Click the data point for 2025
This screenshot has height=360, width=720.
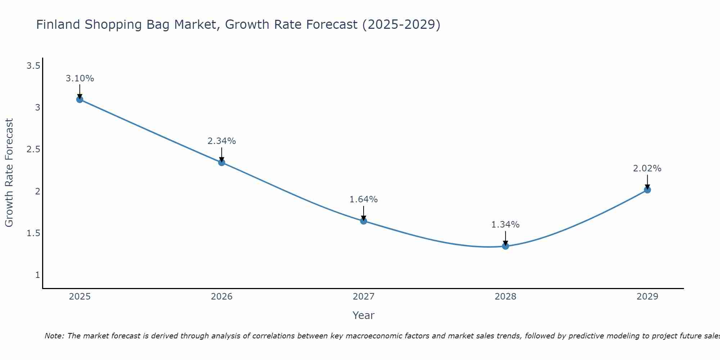click(x=80, y=99)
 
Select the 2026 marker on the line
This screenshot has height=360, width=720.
click(x=222, y=162)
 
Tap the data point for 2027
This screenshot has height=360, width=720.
click(x=364, y=221)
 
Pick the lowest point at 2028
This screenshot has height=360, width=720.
click(x=505, y=246)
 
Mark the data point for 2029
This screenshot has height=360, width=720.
click(x=647, y=190)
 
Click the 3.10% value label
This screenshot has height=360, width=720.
click(x=80, y=78)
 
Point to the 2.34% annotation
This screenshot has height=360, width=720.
click(x=222, y=141)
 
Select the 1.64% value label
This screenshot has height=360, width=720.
click(x=364, y=199)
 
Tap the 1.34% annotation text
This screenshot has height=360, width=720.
click(x=505, y=225)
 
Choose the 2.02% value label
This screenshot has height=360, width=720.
click(x=647, y=168)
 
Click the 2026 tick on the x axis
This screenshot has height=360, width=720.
click(x=222, y=297)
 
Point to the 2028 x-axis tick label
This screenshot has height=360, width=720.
click(x=505, y=297)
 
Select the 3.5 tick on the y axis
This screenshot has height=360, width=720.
click(x=33, y=66)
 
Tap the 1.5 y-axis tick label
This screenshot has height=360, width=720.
click(x=33, y=233)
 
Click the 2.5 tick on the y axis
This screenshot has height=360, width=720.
click(x=33, y=149)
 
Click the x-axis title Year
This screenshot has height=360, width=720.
click(x=364, y=315)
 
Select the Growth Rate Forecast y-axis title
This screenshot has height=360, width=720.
click(x=9, y=173)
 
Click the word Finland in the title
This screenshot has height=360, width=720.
click(x=58, y=24)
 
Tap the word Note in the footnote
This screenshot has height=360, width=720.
click(x=54, y=336)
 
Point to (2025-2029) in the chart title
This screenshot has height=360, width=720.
click(x=401, y=24)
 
